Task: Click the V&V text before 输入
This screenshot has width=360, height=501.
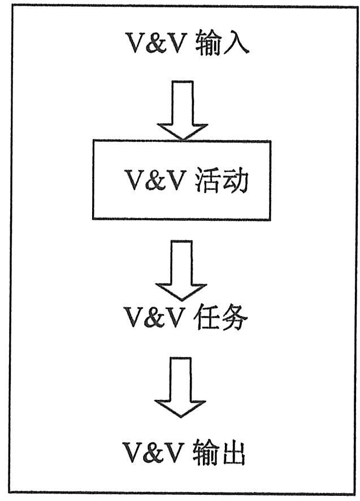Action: (156, 44)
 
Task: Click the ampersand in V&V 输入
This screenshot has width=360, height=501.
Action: (156, 44)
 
